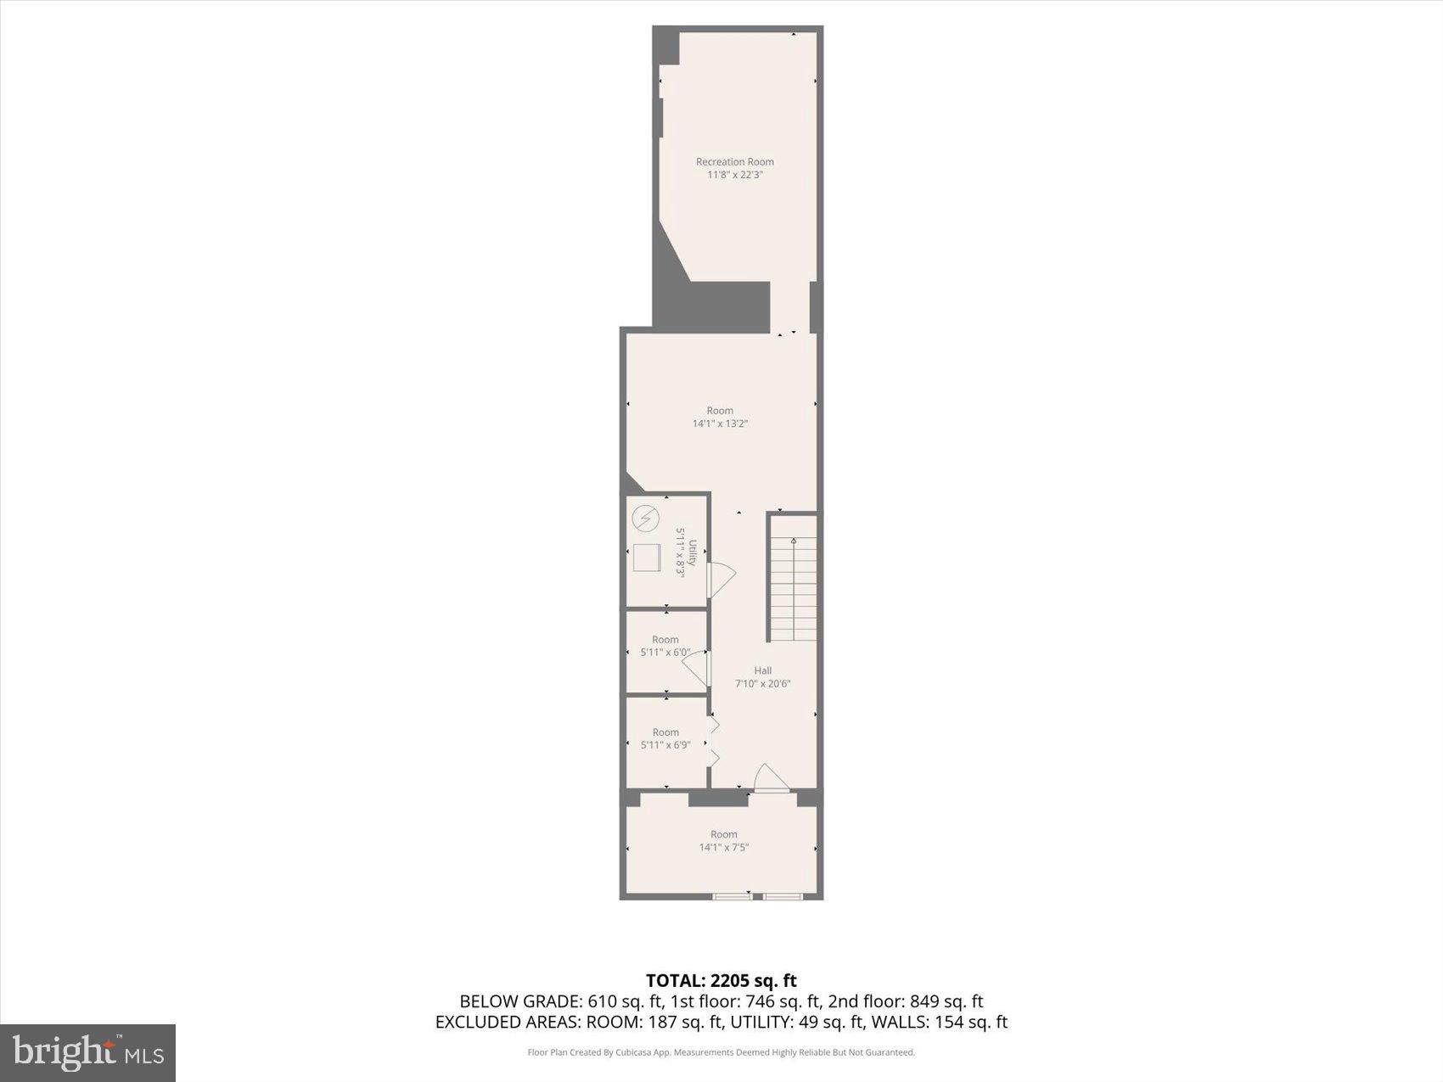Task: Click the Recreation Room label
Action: pyautogui.click(x=734, y=161)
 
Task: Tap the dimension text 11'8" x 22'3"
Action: pyautogui.click(x=734, y=175)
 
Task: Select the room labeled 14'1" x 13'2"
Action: pyautogui.click(x=720, y=417)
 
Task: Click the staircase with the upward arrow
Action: pyautogui.click(x=794, y=588)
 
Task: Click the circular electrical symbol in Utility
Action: pyautogui.click(x=646, y=518)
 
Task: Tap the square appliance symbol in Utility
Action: pyautogui.click(x=647, y=558)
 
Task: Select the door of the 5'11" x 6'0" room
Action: pyautogui.click(x=697, y=667)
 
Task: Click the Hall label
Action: pyautogui.click(x=762, y=670)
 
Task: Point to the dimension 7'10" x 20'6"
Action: pyautogui.click(x=762, y=683)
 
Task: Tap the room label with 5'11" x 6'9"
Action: pyautogui.click(x=665, y=738)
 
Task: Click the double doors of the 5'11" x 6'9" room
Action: pyautogui.click(x=714, y=741)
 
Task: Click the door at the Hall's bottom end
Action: pyautogui.click(x=771, y=779)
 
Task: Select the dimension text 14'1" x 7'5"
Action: pyautogui.click(x=723, y=847)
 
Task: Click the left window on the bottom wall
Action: pyautogui.click(x=732, y=895)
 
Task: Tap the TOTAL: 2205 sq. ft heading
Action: pyautogui.click(x=721, y=981)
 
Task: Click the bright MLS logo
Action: pyautogui.click(x=87, y=1053)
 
